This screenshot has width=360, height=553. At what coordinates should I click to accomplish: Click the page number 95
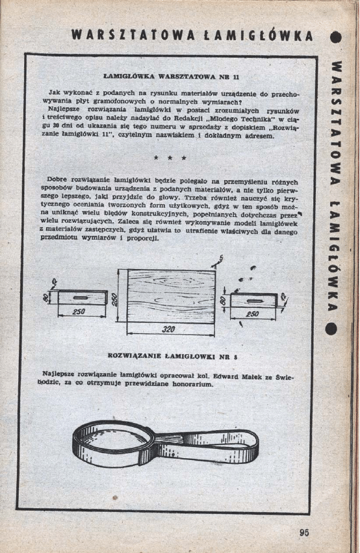304,532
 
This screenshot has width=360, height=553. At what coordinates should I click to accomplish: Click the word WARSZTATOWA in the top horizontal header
129,35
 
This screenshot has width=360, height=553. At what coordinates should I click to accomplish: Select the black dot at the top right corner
335,37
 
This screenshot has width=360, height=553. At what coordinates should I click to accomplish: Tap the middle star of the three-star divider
170,158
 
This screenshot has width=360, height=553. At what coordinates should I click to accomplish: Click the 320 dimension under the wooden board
168,329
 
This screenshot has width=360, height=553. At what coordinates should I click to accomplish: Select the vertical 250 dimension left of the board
113,298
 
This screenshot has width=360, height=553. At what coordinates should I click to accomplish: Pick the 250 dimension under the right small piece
253,314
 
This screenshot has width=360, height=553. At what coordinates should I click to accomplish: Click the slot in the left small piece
81,298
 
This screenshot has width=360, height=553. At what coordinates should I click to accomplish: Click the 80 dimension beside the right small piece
223,302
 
